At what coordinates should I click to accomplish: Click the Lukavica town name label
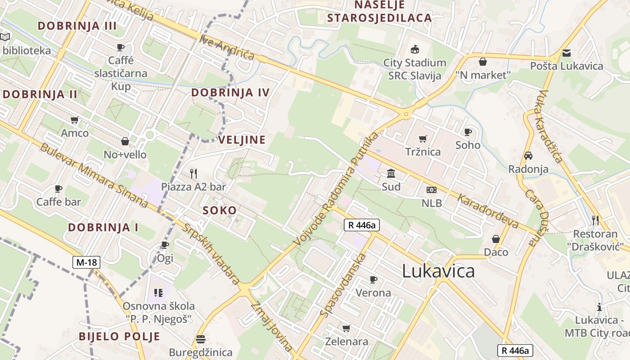(438, 271)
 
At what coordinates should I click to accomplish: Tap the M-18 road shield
(85, 262)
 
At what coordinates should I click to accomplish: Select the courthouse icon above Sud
(391, 174)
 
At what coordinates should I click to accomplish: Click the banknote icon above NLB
(432, 190)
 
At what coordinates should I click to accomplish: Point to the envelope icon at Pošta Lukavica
(566, 53)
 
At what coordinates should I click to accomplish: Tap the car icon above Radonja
(528, 156)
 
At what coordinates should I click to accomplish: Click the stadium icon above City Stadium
(414, 49)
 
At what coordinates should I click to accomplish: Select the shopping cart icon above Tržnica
(423, 139)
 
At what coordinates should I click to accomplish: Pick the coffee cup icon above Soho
(468, 132)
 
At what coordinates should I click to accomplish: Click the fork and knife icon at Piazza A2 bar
(193, 173)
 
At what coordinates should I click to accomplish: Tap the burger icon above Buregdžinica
(201, 339)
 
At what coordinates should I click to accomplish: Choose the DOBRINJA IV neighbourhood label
(230, 93)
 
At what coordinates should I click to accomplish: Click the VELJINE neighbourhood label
(242, 140)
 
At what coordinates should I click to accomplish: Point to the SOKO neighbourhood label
(220, 210)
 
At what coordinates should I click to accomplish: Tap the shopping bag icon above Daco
(496, 239)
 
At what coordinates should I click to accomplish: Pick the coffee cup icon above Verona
(373, 280)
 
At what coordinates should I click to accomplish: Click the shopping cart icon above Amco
(75, 120)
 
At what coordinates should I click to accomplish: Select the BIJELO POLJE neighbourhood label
(119, 336)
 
